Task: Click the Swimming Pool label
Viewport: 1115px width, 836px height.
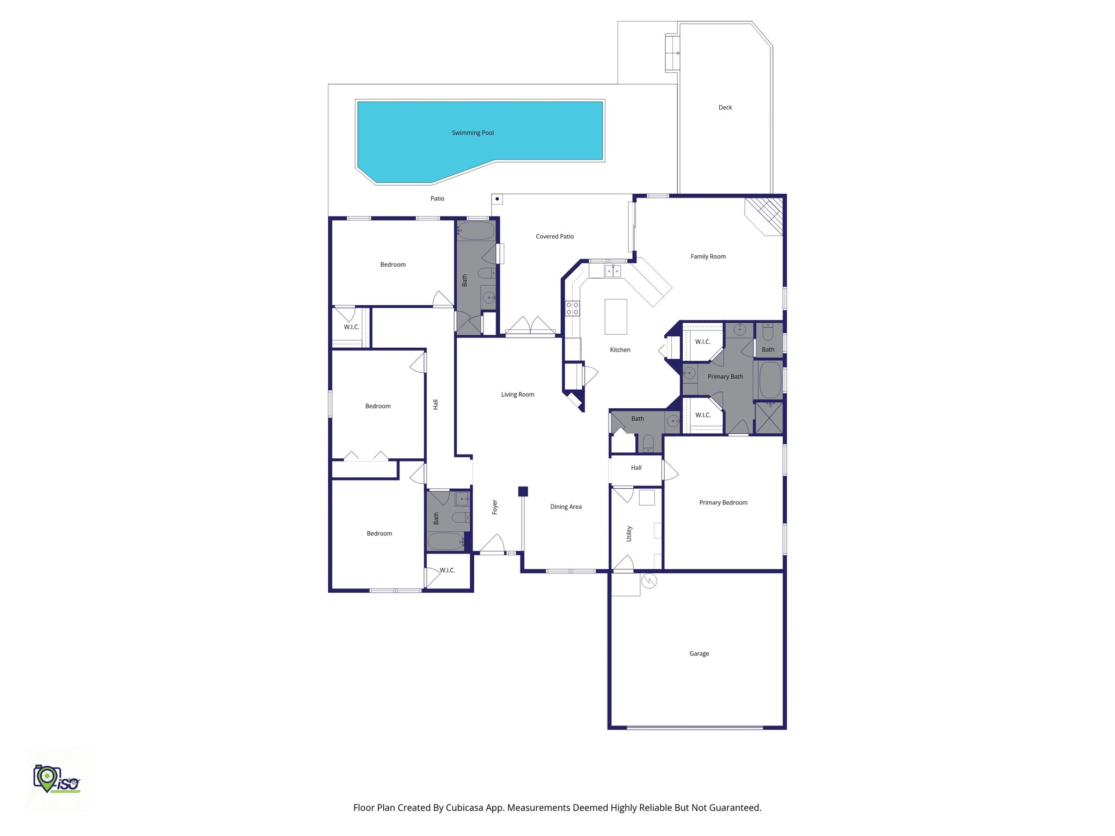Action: pos(473,133)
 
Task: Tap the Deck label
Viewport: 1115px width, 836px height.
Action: pos(725,108)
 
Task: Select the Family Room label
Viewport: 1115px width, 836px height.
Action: pos(708,256)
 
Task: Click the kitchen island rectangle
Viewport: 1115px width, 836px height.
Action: pos(616,316)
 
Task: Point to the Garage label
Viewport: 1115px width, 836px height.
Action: pos(699,654)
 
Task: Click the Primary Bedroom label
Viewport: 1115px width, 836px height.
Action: pos(723,502)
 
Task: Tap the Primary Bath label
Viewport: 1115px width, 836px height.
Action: pos(725,377)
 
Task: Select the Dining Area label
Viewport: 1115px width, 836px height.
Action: pos(566,507)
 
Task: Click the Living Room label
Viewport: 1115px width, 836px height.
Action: pos(518,395)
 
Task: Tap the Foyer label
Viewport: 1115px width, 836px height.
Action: pos(495,507)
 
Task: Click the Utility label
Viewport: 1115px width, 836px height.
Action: pos(629,533)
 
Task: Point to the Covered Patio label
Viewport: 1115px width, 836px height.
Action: pos(555,236)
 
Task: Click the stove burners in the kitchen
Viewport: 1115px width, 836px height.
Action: pos(572,309)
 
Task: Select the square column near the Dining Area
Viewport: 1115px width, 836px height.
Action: pos(523,491)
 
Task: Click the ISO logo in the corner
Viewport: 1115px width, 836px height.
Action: pos(57,779)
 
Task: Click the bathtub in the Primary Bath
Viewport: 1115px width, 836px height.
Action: pos(769,380)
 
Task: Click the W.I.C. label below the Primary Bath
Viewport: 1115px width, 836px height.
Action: pos(703,415)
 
